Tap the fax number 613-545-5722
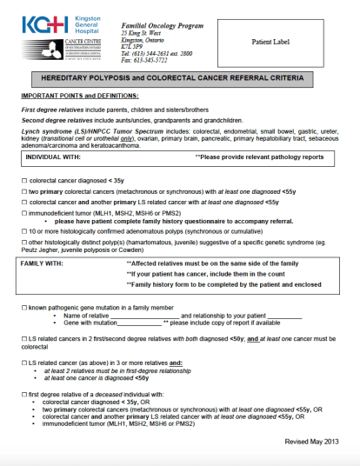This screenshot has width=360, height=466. pos(145,60)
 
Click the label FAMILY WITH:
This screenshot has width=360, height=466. pos(44,263)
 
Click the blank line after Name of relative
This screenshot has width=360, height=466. pos(156,315)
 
